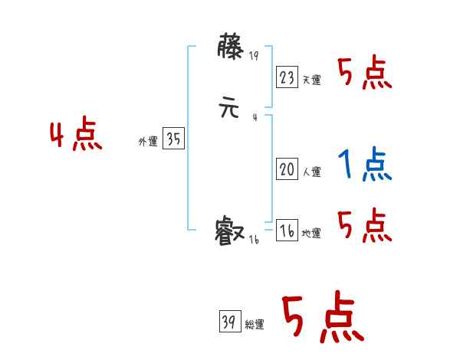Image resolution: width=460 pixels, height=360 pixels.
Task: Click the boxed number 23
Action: pyautogui.click(x=287, y=77)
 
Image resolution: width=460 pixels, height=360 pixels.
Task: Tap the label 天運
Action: pyautogui.click(x=311, y=80)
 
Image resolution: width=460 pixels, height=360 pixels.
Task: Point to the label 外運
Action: pyautogui.click(x=148, y=142)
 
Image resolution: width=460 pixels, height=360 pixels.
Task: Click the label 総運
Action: pyautogui.click(x=255, y=325)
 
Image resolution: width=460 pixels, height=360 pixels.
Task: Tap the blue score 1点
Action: pyautogui.click(x=364, y=164)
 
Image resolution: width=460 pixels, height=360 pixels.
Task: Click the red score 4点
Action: pyautogui.click(x=76, y=136)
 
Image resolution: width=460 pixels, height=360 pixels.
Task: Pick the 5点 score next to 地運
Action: pyautogui.click(x=364, y=225)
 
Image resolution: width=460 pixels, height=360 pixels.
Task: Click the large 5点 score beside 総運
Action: pyautogui.click(x=321, y=318)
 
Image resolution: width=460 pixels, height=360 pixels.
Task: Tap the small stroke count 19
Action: pyautogui.click(x=255, y=55)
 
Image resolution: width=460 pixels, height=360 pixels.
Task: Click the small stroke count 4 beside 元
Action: pyautogui.click(x=254, y=117)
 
